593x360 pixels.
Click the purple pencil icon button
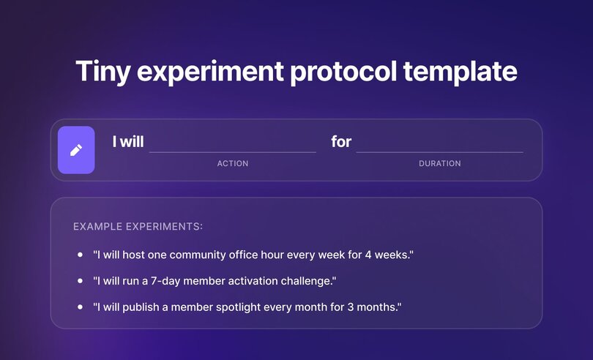click(x=76, y=150)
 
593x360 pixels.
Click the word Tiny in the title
click(x=104, y=72)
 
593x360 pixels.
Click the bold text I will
click(x=128, y=141)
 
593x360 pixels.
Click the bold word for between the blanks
click(x=341, y=141)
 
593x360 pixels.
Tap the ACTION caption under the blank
click(x=233, y=163)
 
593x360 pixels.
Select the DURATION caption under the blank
click(x=440, y=163)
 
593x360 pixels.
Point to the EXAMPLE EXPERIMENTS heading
click(x=138, y=227)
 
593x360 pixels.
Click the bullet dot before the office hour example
click(x=80, y=255)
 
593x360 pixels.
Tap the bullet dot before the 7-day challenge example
click(x=80, y=281)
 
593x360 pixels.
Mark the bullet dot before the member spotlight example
click(x=80, y=307)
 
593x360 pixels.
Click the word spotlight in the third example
click(x=245, y=307)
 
